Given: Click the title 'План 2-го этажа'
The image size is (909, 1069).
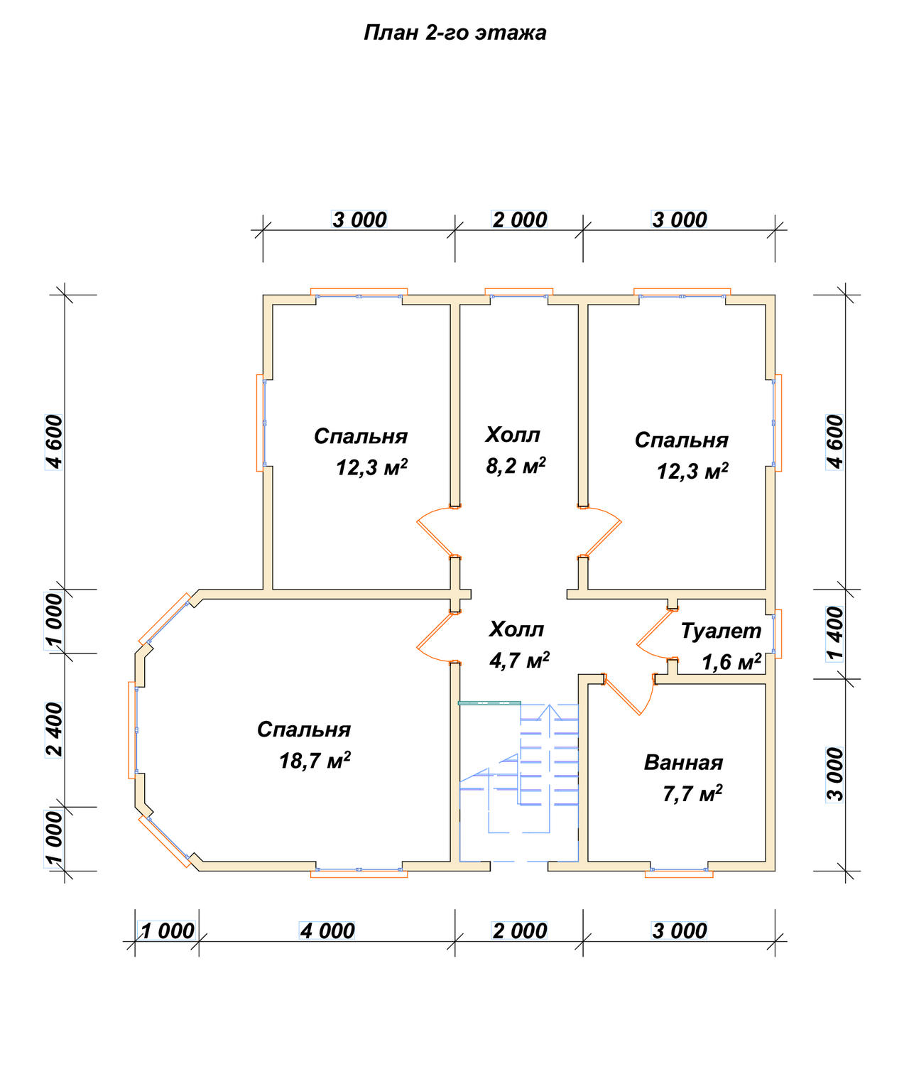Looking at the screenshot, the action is click(x=454, y=33).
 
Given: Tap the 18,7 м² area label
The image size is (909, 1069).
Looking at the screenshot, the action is click(x=315, y=760).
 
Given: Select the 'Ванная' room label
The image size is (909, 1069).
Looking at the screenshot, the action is click(x=683, y=762).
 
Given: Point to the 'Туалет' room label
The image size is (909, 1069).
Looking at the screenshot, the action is click(x=721, y=631).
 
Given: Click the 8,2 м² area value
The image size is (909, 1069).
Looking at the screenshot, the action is click(x=516, y=465).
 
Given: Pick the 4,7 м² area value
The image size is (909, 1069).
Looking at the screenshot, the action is click(x=519, y=660).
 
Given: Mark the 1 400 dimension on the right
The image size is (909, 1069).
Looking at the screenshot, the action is click(x=835, y=634).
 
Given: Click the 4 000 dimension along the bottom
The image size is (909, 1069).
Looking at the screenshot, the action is click(x=327, y=931).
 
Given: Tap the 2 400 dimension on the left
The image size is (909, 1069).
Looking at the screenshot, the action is click(x=54, y=729).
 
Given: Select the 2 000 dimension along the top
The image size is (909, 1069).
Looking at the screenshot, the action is click(x=519, y=219).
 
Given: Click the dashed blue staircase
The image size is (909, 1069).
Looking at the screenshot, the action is click(x=518, y=783).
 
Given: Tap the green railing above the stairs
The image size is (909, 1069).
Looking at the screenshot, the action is click(x=489, y=702).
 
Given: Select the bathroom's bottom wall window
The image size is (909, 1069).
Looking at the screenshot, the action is click(x=679, y=871).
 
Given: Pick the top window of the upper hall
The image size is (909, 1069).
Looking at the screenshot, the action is click(x=518, y=293).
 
